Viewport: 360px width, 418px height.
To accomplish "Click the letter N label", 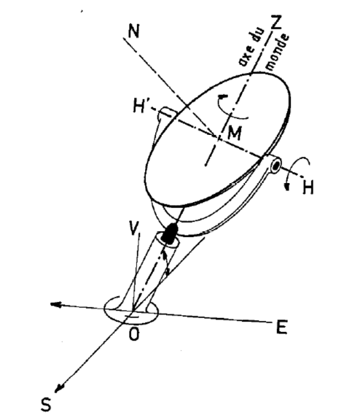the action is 133,31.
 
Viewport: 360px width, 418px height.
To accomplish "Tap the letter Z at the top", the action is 276,22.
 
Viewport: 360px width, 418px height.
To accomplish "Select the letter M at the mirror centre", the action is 235,133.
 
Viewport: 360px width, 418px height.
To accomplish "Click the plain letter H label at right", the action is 308,187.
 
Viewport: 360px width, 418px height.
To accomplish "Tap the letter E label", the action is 281,328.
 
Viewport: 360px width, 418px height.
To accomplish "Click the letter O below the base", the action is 134,334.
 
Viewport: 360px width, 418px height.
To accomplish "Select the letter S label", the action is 46,404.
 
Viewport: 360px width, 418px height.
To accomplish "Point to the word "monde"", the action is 278,53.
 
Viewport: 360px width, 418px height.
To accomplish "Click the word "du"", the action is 259,36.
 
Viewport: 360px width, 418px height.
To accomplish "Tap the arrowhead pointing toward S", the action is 59,388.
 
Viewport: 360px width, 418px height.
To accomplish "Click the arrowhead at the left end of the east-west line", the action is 55,305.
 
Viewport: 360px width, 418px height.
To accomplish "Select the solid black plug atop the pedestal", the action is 170,233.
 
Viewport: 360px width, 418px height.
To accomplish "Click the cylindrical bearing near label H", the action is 275,166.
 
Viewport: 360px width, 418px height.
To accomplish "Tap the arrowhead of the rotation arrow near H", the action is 287,186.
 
